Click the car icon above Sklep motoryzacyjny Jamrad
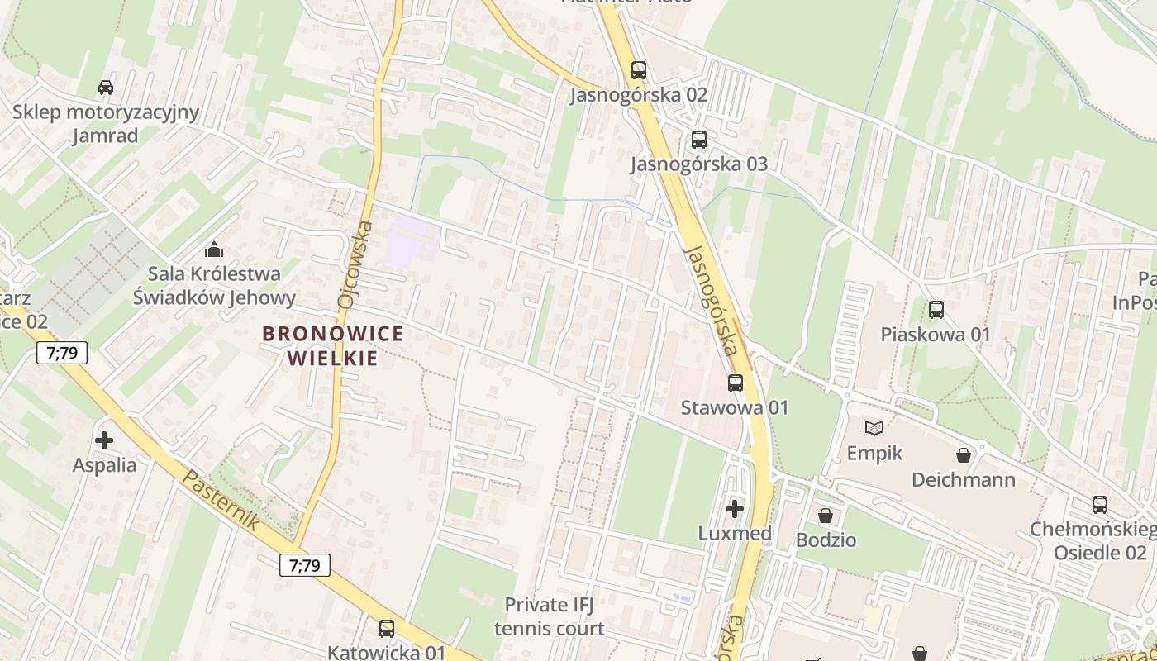(x=106, y=87)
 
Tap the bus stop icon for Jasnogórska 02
(x=638, y=70)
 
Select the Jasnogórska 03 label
(x=699, y=164)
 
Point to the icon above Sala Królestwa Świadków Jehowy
(x=214, y=249)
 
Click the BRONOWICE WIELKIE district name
(x=333, y=345)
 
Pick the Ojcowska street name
(x=355, y=264)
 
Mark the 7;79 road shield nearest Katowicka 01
(x=304, y=565)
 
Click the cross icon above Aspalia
(x=104, y=440)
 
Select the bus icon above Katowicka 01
(x=386, y=629)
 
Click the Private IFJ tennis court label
(x=549, y=616)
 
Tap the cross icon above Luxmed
(x=735, y=509)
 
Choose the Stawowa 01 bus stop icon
(x=735, y=383)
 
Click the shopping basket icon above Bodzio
(x=825, y=516)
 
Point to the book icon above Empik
(x=874, y=428)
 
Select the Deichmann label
(x=964, y=480)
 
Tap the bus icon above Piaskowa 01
(x=936, y=310)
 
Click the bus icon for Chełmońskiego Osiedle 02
(x=1099, y=505)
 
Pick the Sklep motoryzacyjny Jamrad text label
(x=105, y=124)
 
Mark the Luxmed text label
(x=735, y=534)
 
